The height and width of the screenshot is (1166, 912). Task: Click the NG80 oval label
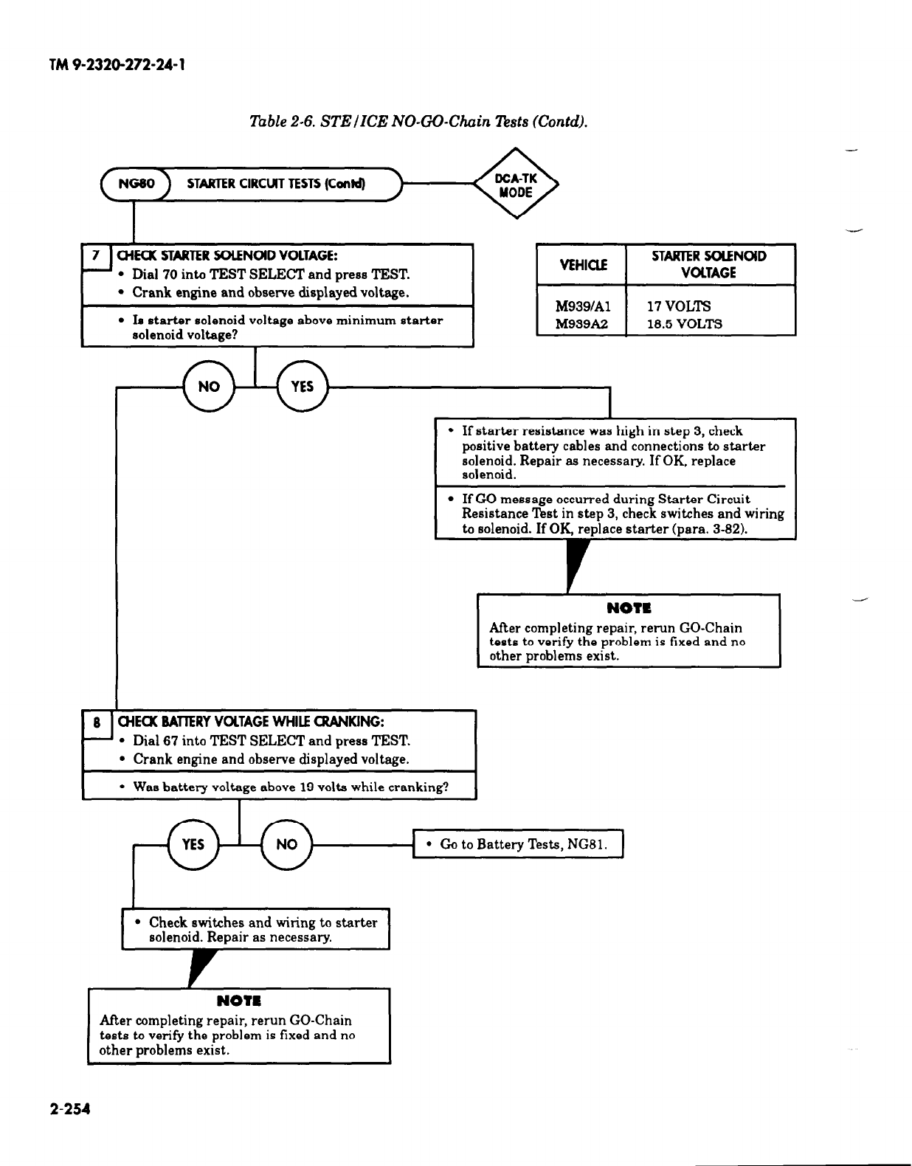pos(138,184)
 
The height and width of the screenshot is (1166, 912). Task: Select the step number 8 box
pos(96,722)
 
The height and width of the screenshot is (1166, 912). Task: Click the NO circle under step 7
pos(208,387)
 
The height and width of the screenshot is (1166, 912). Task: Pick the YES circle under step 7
pos(303,387)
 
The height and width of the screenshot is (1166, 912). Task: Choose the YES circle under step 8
pos(193,844)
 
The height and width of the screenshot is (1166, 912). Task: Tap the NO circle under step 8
pos(286,844)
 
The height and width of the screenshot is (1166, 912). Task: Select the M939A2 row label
pos(581,324)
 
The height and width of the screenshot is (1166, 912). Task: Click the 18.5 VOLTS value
pos(684,324)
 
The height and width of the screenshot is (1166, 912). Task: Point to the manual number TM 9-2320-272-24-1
pos(116,66)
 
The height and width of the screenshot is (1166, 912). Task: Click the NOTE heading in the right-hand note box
pos(629,609)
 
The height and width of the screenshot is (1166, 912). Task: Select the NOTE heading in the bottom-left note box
pos(238,1001)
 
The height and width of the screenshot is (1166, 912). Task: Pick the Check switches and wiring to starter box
pos(255,930)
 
